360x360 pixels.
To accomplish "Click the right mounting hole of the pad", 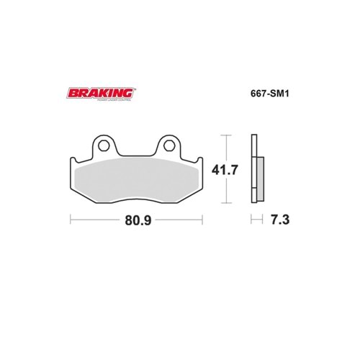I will click(169, 145).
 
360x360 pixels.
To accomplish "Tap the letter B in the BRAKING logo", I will click(71, 93).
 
